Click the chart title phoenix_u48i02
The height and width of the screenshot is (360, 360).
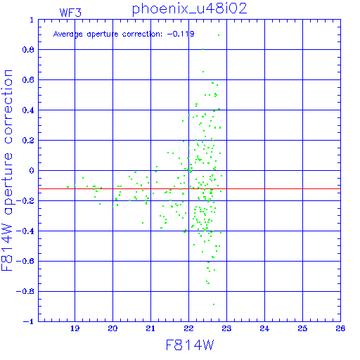[189, 9]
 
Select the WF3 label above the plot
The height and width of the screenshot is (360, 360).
[70, 13]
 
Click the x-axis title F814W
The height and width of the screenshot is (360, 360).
[190, 345]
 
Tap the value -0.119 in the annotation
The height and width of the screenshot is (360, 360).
[181, 34]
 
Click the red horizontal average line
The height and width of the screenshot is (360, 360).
[189, 188]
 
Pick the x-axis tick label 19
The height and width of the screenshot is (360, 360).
[75, 328]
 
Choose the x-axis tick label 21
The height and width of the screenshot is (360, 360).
[150, 328]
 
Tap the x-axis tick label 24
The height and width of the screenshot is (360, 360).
[264, 328]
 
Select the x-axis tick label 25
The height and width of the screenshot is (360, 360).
[302, 328]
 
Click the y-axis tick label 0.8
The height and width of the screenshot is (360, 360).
[28, 50]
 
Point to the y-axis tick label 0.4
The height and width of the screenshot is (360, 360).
[28, 110]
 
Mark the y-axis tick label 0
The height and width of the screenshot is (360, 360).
[32, 171]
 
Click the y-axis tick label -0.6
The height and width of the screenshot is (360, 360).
[25, 261]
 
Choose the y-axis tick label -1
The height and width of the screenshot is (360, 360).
[29, 321]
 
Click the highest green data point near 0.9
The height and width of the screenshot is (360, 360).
[219, 35]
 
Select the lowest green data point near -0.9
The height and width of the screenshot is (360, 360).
[214, 304]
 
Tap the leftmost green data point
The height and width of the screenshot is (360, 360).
[67, 187]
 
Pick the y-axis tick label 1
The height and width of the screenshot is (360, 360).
[32, 20]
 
